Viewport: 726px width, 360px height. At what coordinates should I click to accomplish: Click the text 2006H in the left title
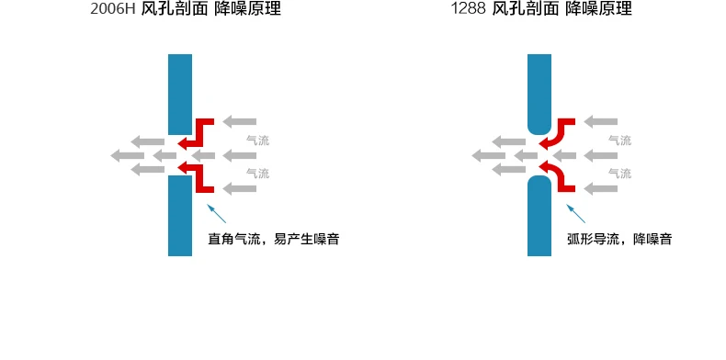pyautogui.click(x=112, y=9)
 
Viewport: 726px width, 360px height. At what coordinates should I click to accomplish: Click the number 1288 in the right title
pyautogui.click(x=468, y=9)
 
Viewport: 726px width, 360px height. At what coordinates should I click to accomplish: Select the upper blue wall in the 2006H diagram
pyautogui.click(x=180, y=95)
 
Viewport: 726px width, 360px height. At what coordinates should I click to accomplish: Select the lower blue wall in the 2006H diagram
pyautogui.click(x=180, y=216)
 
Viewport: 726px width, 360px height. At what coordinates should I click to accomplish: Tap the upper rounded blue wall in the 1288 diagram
pyautogui.click(x=539, y=95)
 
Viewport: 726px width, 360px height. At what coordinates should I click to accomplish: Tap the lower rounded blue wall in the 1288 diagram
pyautogui.click(x=539, y=216)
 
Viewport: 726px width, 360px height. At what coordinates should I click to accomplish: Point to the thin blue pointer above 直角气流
pyautogui.click(x=216, y=213)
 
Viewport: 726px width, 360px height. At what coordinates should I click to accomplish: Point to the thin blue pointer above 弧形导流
pyautogui.click(x=576, y=213)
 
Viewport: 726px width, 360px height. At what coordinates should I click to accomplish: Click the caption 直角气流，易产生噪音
pyautogui.click(x=274, y=239)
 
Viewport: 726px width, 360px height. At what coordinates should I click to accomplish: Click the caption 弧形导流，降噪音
pyautogui.click(x=619, y=239)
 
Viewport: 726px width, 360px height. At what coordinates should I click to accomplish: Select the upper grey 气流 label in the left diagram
pyautogui.click(x=258, y=141)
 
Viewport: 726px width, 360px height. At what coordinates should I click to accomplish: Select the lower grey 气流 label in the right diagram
pyautogui.click(x=620, y=174)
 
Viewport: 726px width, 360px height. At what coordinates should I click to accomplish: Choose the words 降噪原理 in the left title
pyautogui.click(x=248, y=9)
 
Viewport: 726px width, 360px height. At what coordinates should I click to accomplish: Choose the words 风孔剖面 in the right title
pyautogui.click(x=525, y=9)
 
